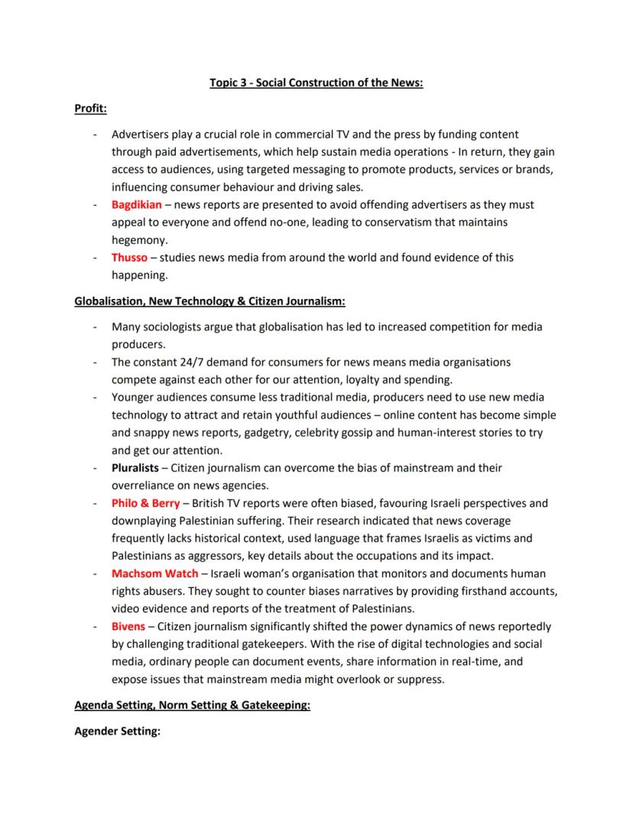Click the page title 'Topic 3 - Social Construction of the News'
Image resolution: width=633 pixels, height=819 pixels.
316,83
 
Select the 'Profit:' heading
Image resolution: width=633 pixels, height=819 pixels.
90,109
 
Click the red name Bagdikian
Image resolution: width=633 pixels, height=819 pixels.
136,205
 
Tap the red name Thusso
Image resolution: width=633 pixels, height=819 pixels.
129,258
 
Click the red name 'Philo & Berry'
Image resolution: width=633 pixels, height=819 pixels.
145,503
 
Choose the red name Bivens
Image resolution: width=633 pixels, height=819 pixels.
128,626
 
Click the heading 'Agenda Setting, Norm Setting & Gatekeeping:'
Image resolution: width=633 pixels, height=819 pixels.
192,705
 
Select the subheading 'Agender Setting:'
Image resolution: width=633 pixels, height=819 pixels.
117,732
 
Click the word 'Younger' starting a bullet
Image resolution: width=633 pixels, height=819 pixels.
134,398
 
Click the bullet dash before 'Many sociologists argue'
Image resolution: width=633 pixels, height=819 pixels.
94,327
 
